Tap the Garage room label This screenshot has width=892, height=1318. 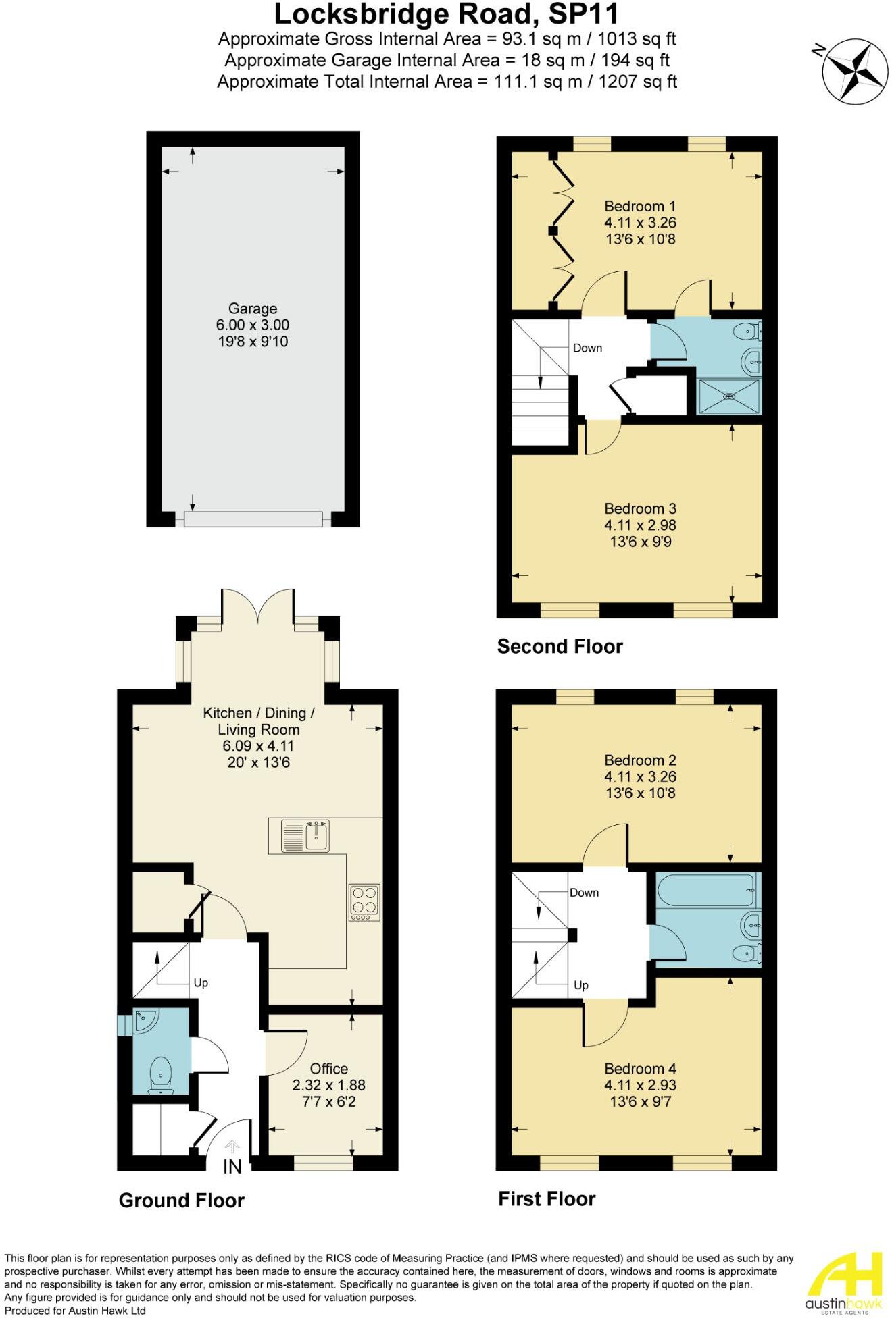(x=252, y=309)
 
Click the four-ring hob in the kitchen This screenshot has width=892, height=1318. (x=364, y=902)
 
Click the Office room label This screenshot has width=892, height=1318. (x=329, y=1069)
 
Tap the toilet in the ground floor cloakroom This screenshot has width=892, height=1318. (x=160, y=1074)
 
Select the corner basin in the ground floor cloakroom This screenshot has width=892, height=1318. (x=143, y=1022)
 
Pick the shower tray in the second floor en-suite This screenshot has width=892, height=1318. (x=728, y=396)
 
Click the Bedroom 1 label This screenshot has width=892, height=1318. (x=639, y=206)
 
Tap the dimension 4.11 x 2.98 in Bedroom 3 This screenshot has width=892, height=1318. (x=639, y=525)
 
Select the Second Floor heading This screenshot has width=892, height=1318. (x=560, y=647)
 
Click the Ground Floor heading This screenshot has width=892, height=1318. (x=181, y=1201)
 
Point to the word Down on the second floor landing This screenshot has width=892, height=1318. (x=587, y=348)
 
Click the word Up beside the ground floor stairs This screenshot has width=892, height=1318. (x=201, y=983)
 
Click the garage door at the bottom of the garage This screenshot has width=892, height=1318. (x=253, y=519)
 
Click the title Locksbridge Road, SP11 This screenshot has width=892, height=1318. (x=447, y=14)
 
